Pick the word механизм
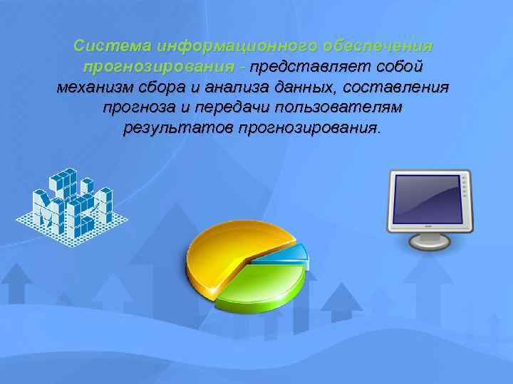click(96, 87)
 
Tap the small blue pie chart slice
click(289, 252)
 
